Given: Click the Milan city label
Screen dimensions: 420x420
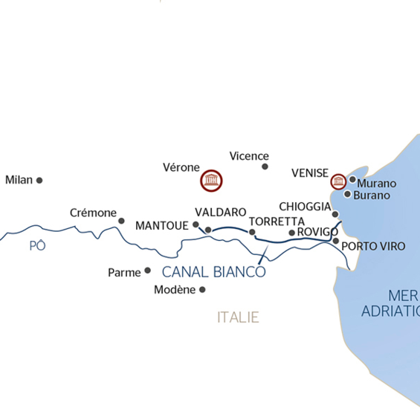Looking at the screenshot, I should (x=19, y=180).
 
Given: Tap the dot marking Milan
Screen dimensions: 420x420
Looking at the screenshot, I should (x=39, y=180).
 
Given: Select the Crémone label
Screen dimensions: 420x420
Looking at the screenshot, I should (x=92, y=213).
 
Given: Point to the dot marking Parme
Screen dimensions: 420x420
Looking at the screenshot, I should (x=147, y=271).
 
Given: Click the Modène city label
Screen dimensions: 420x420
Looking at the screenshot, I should (x=175, y=290).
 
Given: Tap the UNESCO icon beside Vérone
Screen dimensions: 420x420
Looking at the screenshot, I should (x=212, y=179).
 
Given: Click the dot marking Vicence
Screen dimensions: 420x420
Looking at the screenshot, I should (x=265, y=167).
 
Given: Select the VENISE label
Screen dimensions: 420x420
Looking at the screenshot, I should (x=309, y=172).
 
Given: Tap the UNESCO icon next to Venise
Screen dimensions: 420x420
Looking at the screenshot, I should (x=338, y=181).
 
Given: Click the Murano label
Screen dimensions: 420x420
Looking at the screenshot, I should (x=377, y=184).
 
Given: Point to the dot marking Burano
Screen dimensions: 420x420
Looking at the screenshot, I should (x=348, y=194).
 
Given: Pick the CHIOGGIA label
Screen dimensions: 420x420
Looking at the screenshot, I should (x=304, y=207).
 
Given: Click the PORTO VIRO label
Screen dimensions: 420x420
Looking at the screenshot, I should (x=373, y=246).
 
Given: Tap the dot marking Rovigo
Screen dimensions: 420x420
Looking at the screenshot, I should (x=291, y=233).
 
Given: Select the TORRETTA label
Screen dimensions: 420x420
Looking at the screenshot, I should (x=277, y=222).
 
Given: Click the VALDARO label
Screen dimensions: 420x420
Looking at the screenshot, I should (x=220, y=213).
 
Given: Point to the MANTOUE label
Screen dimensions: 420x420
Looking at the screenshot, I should (x=162, y=225).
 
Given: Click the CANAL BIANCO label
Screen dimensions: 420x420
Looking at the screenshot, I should (x=213, y=271).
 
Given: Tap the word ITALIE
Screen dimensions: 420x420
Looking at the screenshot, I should (x=238, y=317).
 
